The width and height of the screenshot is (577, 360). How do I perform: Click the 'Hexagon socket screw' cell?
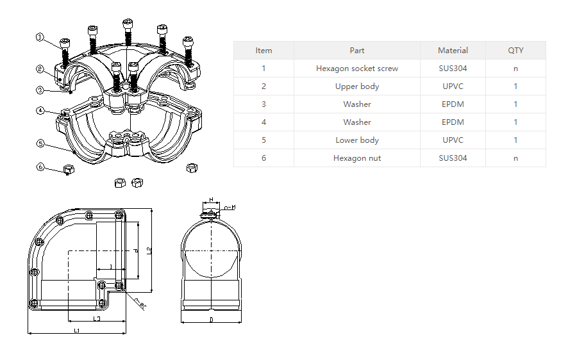[x=357, y=69]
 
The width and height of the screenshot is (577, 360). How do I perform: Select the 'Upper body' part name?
[x=357, y=86]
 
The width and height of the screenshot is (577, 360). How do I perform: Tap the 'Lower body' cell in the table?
[x=357, y=140]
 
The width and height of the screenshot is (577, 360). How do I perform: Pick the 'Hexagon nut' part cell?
[x=357, y=158]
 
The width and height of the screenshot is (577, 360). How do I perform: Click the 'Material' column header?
[x=453, y=51]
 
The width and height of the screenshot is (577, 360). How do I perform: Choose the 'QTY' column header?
[x=515, y=51]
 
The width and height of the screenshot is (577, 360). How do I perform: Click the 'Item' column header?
[x=263, y=51]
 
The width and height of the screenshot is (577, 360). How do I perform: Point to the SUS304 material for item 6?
[x=453, y=158]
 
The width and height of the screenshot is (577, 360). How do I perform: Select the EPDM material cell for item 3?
[x=453, y=104]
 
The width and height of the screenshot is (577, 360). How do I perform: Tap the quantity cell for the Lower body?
[x=515, y=140]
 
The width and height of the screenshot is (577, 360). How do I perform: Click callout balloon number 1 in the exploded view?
[x=40, y=38]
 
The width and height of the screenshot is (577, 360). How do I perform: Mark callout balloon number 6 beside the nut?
[x=40, y=167]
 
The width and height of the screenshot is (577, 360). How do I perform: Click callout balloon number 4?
[x=40, y=110]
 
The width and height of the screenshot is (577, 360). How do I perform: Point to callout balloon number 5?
[x=40, y=143]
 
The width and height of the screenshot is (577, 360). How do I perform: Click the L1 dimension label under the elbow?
[x=77, y=331]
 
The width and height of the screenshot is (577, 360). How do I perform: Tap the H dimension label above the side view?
[x=211, y=200]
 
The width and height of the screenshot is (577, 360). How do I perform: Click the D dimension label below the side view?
[x=211, y=319]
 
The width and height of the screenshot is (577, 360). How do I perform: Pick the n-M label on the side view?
[x=230, y=207]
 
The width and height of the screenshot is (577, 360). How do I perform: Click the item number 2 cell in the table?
[x=263, y=86]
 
